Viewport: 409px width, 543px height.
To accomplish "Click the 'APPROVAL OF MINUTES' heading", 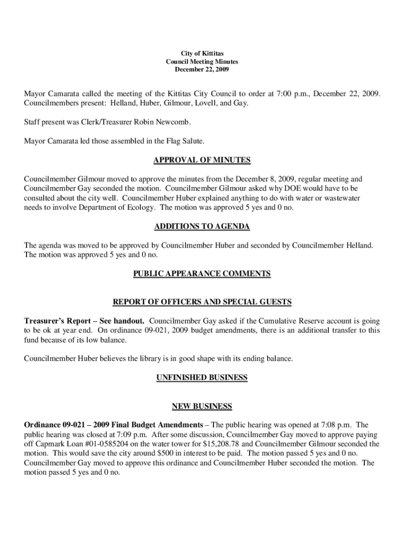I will click(201, 160).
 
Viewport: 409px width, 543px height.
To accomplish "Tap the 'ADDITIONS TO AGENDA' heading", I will click(201, 227).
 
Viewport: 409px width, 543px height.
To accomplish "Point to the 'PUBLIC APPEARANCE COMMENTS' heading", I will click(201, 274).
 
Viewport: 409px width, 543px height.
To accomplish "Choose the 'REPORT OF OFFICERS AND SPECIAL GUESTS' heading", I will click(202, 302).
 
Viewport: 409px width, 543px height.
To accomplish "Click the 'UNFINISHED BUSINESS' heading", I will click(201, 378).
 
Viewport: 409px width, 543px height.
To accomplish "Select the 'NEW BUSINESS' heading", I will click(201, 407).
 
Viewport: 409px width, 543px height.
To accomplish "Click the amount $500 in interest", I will click(167, 453).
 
